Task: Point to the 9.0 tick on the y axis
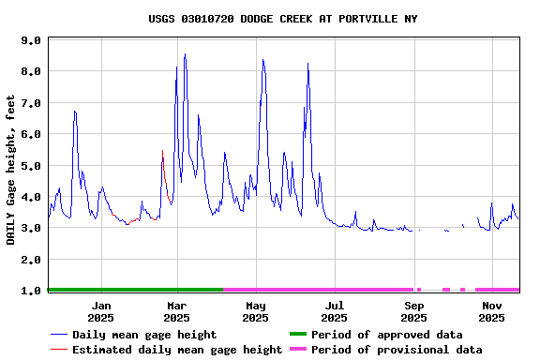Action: point(30,40)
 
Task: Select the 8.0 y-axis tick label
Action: point(30,71)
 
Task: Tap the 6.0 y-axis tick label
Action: point(30,134)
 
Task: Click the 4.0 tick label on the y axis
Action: point(30,197)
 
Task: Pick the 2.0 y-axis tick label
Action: point(30,260)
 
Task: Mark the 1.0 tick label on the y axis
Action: point(30,291)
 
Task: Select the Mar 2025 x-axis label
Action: point(177,311)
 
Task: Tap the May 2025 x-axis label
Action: point(255,311)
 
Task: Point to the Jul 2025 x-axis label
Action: point(334,311)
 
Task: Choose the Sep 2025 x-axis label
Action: point(413,311)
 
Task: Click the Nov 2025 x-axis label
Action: point(491,311)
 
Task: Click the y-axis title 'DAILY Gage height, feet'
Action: point(11,170)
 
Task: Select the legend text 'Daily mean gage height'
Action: point(144,335)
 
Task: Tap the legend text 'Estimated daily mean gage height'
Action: point(177,350)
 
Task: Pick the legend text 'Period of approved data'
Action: point(386,335)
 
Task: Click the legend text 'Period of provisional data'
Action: point(397,350)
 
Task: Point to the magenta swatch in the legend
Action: point(297,350)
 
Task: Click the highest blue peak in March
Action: point(185,54)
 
